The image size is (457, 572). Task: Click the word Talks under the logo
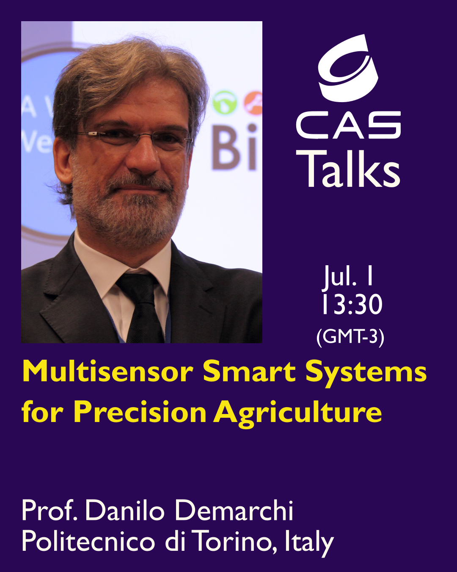point(348,169)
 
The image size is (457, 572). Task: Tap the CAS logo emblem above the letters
point(348,68)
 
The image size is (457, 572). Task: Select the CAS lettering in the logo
point(348,125)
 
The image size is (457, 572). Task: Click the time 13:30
point(352,305)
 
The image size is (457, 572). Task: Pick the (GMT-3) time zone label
point(350,337)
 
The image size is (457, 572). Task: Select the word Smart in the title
point(249,371)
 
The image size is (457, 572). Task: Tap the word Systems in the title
point(366,372)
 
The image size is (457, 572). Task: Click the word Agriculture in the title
point(297,413)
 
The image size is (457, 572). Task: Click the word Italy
point(309,543)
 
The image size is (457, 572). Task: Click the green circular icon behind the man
point(225,103)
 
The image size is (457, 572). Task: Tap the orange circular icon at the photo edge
point(253,103)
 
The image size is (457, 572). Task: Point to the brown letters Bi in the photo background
point(234,147)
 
